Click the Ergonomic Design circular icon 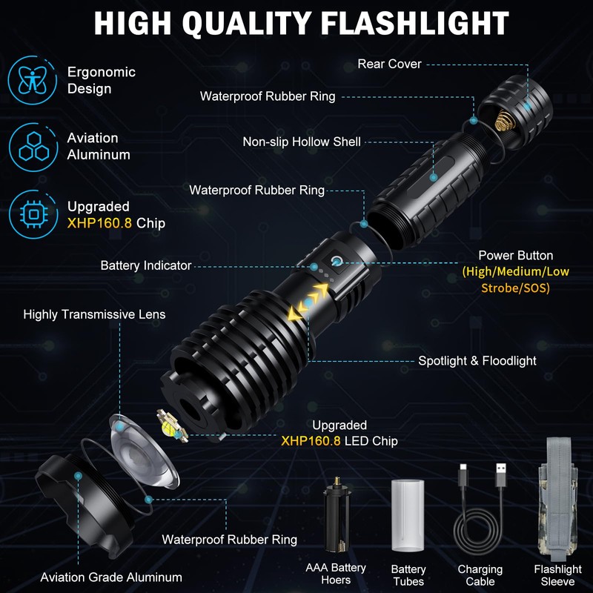click(33, 80)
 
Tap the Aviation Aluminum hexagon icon click(33, 146)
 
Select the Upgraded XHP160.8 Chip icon click(33, 214)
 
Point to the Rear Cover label click(389, 64)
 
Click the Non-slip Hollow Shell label click(302, 141)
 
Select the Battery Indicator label click(146, 265)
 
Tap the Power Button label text click(515, 256)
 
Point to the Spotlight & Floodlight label click(477, 361)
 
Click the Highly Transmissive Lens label click(94, 314)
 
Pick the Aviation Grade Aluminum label click(111, 577)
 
